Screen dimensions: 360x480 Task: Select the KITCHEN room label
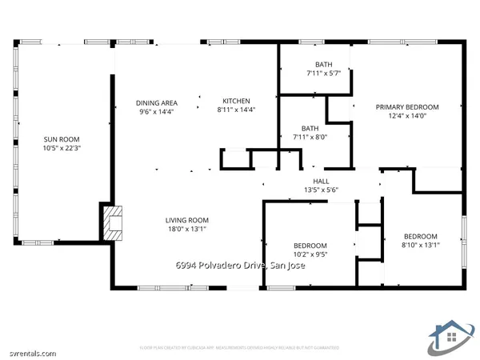[236, 101]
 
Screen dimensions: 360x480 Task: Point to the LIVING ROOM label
[186, 220]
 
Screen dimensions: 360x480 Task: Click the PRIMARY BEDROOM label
[408, 106]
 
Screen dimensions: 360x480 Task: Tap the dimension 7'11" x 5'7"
[324, 74]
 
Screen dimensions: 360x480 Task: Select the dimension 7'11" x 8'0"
[310, 137]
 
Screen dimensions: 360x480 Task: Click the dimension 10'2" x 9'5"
[310, 256]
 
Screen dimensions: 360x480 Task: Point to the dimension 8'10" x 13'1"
[420, 246]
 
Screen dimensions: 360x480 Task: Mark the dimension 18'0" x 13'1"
[186, 230]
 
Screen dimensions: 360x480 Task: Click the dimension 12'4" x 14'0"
[408, 116]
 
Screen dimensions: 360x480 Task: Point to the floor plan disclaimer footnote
[239, 348]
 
